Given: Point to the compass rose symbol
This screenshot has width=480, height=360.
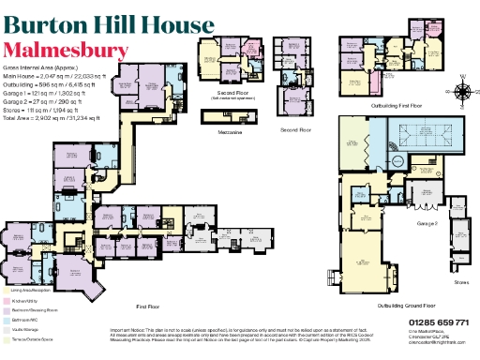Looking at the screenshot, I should [x=463, y=92].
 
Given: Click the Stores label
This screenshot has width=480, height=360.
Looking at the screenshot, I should [x=460, y=280].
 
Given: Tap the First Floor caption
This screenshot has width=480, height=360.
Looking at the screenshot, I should [x=148, y=307].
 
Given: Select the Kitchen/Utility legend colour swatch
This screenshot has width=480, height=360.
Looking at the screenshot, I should [x=5, y=302].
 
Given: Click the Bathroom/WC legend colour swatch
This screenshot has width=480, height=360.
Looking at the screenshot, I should [x=5, y=320].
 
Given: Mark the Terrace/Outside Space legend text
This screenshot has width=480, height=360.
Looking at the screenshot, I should [x=33, y=338].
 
